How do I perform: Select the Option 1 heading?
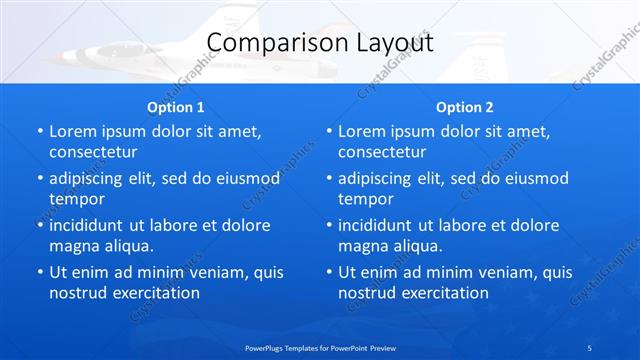click(x=175, y=107)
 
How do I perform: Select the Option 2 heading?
click(x=464, y=107)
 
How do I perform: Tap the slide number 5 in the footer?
click(x=590, y=347)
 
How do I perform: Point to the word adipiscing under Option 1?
click(x=92, y=178)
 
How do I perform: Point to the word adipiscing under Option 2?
click(x=381, y=178)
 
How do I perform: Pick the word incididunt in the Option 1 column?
click(x=91, y=225)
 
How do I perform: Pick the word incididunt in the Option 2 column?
click(x=380, y=225)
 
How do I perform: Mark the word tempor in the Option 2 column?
click(x=365, y=199)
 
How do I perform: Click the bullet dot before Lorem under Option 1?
click(x=39, y=131)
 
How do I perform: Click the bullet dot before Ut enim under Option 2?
click(x=328, y=272)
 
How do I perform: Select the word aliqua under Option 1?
click(x=123, y=246)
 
